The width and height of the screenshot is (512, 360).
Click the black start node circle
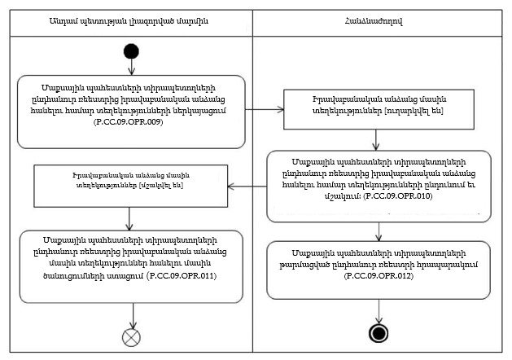click(131, 52)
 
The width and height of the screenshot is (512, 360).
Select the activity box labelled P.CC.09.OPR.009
click(131, 112)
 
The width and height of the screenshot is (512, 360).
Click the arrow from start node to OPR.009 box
click(131, 67)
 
